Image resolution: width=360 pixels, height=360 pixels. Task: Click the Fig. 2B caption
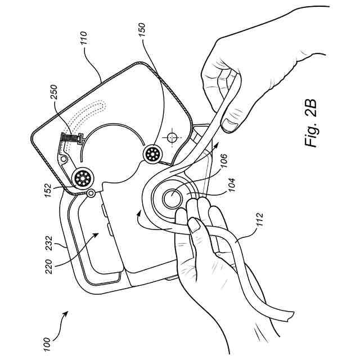(312, 123)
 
